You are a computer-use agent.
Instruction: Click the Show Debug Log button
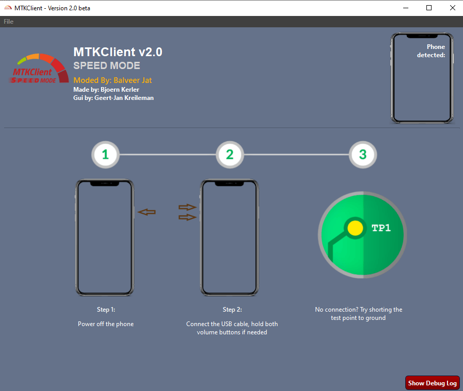pyautogui.click(x=432, y=383)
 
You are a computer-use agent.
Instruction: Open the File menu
pyautogui.click(x=9, y=22)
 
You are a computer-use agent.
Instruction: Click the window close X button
pyautogui.click(x=452, y=8)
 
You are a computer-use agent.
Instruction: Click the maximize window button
pyautogui.click(x=428, y=8)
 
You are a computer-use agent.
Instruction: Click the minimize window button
pyautogui.click(x=405, y=8)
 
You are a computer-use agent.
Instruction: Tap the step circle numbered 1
pyautogui.click(x=105, y=155)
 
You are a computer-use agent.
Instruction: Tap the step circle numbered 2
pyautogui.click(x=229, y=155)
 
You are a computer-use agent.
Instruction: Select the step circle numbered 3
pyautogui.click(x=362, y=155)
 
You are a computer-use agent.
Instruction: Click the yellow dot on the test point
pyautogui.click(x=355, y=228)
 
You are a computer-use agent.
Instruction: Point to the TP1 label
pyautogui.click(x=381, y=228)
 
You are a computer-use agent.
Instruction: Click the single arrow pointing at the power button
pyautogui.click(x=147, y=212)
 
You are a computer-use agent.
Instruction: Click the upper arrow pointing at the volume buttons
pyautogui.click(x=188, y=207)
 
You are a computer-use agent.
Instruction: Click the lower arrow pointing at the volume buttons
pyautogui.click(x=188, y=217)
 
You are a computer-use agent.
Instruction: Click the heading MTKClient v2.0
pyautogui.click(x=118, y=52)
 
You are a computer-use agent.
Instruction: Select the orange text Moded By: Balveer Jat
pyautogui.click(x=112, y=80)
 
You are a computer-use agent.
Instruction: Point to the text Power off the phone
pyautogui.click(x=106, y=324)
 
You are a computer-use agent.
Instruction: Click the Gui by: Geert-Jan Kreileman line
pyautogui.click(x=113, y=98)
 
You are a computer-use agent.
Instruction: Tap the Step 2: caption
pyautogui.click(x=232, y=310)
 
